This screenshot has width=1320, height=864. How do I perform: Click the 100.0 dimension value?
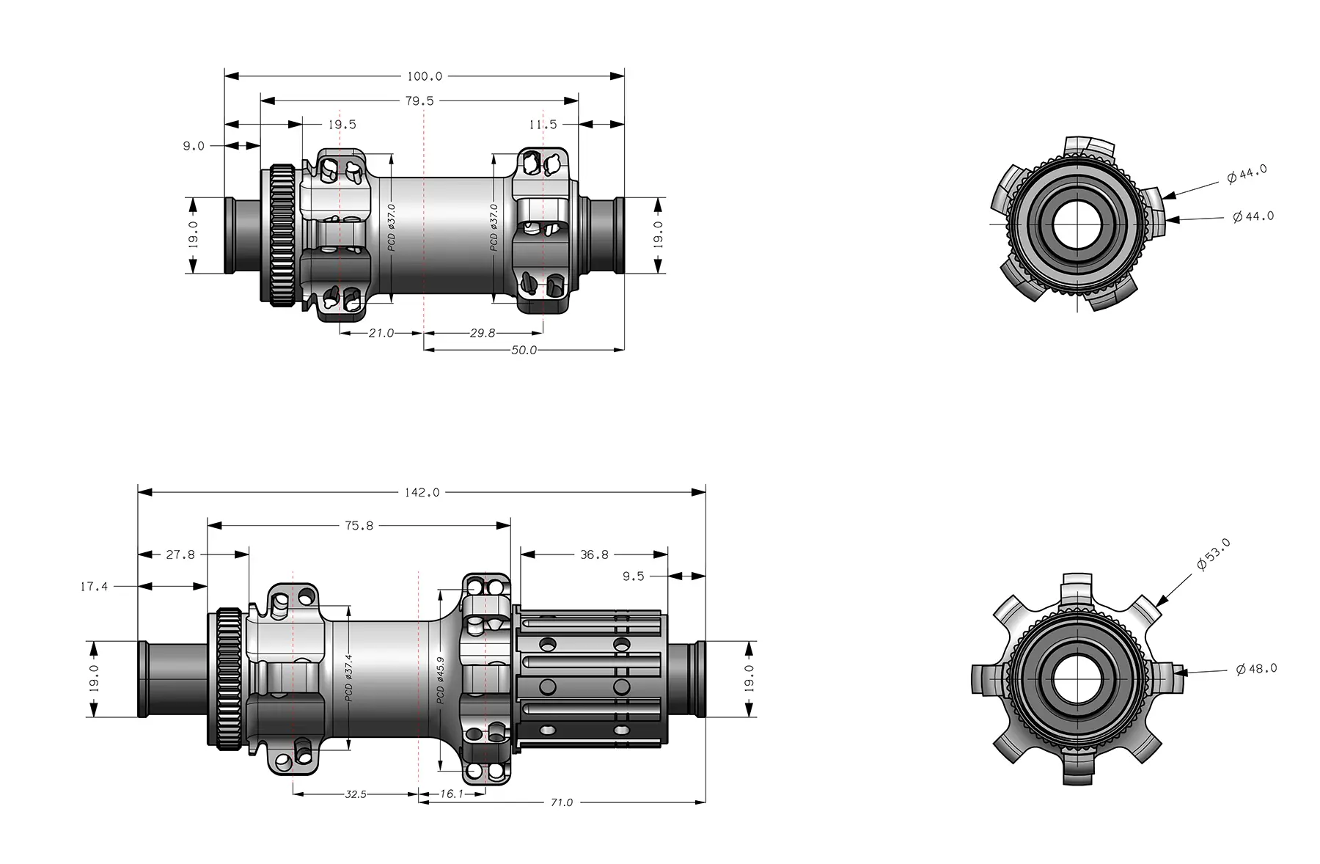coord(425,76)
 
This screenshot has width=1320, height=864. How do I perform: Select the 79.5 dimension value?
coord(419,100)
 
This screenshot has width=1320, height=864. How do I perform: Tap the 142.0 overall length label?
coord(422,492)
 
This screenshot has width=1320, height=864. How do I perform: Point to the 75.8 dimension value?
coord(359,526)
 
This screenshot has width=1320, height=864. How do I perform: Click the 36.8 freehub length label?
coord(594,554)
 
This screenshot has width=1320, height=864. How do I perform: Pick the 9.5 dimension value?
coord(634,576)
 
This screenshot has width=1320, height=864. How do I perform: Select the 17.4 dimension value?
coord(94,586)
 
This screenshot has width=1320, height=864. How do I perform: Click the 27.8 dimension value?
coord(180,554)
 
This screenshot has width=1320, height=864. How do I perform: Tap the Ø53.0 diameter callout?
coord(1214,554)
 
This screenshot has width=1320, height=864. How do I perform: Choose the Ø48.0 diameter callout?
coord(1257,669)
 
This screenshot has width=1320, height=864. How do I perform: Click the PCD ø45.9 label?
coord(441,680)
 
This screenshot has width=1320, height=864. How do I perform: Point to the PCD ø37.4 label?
coord(349,678)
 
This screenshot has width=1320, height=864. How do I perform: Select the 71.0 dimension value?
coord(562,802)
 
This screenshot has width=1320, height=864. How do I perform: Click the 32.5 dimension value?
coord(355,794)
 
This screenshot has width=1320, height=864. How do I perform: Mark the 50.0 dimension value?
coord(524,351)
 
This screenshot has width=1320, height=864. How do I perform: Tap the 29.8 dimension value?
coord(482,333)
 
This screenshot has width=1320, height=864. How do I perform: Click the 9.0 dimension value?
coord(194,146)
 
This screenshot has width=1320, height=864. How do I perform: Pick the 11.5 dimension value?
coord(543,125)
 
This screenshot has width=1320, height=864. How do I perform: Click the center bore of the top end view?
coord(1077,223)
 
